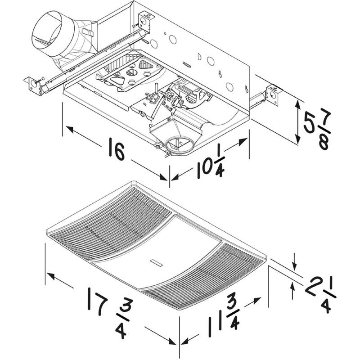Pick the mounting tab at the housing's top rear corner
[x=147, y=21]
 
